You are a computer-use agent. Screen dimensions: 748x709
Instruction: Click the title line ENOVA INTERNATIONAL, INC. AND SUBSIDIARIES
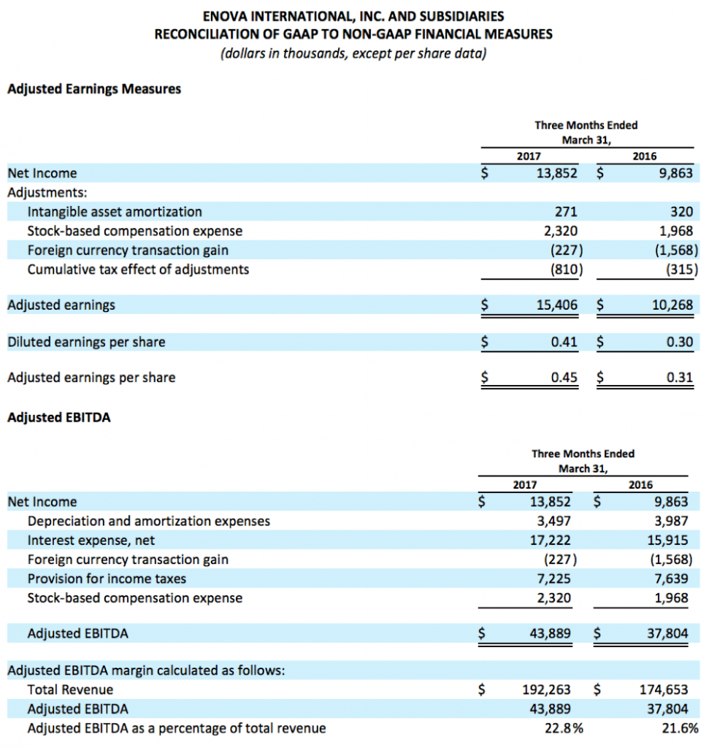(x=353, y=16)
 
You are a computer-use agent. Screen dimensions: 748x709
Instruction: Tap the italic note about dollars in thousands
(x=353, y=54)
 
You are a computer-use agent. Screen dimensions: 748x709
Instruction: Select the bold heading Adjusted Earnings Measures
(x=94, y=89)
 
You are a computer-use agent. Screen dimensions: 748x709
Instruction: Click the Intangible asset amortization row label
(x=115, y=212)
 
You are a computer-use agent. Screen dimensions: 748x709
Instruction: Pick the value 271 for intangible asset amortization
(x=566, y=212)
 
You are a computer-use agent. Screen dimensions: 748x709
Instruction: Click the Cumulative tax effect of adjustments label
(x=138, y=270)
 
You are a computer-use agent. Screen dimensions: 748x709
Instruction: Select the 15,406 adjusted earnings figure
(x=556, y=305)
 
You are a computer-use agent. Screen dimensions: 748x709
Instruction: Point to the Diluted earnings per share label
(x=86, y=342)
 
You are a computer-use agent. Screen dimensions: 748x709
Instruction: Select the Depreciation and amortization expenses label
(x=148, y=521)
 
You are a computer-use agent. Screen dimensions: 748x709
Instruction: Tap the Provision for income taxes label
(x=107, y=579)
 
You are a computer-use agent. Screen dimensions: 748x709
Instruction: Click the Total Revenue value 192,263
(x=546, y=689)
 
